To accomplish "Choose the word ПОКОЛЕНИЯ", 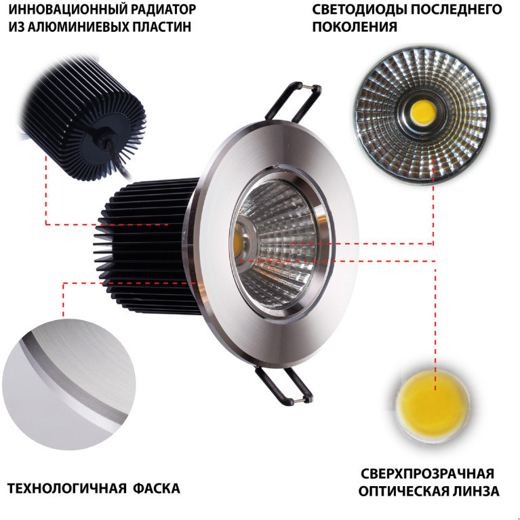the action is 355,27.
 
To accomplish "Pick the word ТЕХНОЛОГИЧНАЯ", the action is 66,489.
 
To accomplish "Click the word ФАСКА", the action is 157,489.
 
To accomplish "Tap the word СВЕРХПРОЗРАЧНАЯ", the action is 428,474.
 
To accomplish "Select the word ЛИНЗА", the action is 475,491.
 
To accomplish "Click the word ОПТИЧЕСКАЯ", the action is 403,491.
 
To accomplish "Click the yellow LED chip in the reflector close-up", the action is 423,113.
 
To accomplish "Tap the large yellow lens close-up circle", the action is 433,407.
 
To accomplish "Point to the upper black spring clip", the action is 294,101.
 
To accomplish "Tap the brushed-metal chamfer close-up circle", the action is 69,384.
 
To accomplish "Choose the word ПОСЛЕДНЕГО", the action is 456,9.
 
